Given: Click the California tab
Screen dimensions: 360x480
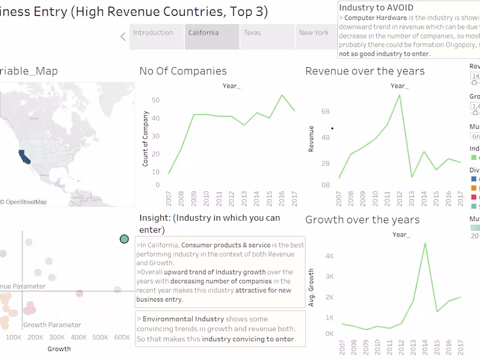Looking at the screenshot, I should pos(203,33).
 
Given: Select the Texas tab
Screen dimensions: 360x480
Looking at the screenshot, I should pos(253,33).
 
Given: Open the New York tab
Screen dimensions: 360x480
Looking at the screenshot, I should pos(314,33).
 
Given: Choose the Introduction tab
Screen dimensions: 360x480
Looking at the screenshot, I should pos(153,33).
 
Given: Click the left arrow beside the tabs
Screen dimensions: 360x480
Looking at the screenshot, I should pos(123,37).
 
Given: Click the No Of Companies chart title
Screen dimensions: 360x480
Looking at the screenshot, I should pos(183,71).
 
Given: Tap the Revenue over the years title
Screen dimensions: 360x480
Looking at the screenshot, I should pos(365,71).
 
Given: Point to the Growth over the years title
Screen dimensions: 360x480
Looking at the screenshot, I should pos(362,220).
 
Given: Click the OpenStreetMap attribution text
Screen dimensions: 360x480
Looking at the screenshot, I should pos(24,202).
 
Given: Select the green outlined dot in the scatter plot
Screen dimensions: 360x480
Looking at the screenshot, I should pos(124,239).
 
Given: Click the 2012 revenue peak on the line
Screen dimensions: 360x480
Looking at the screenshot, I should pos(399,95).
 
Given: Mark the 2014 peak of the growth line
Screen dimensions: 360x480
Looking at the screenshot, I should pos(425,243).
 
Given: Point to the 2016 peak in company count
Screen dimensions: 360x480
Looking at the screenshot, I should pos(282,95).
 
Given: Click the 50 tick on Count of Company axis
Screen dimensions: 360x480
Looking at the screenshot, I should pos(155,100).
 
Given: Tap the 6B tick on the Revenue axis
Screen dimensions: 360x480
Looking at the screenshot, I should pos(326,112).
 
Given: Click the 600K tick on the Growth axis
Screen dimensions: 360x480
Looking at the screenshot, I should pos(122,338).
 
